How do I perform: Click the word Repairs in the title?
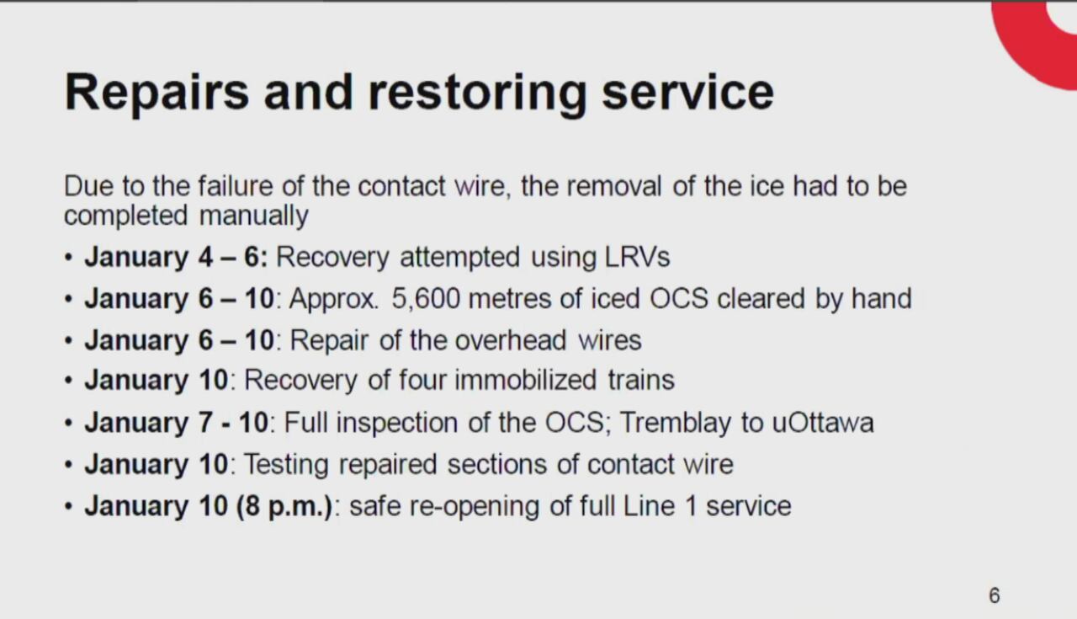point(157,92)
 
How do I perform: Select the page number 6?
point(994,596)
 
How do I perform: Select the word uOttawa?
point(822,422)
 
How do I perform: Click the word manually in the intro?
point(253,216)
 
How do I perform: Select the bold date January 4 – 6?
point(175,257)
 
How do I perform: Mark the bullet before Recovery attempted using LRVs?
point(69,257)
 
